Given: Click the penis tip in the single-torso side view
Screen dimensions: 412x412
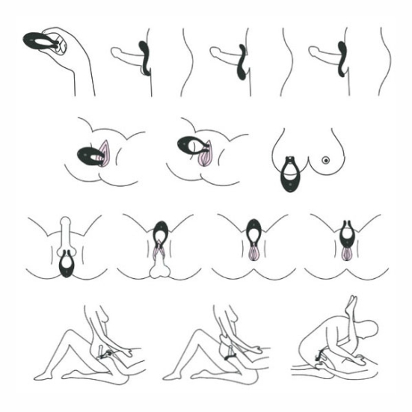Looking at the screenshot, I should click(x=115, y=53).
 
